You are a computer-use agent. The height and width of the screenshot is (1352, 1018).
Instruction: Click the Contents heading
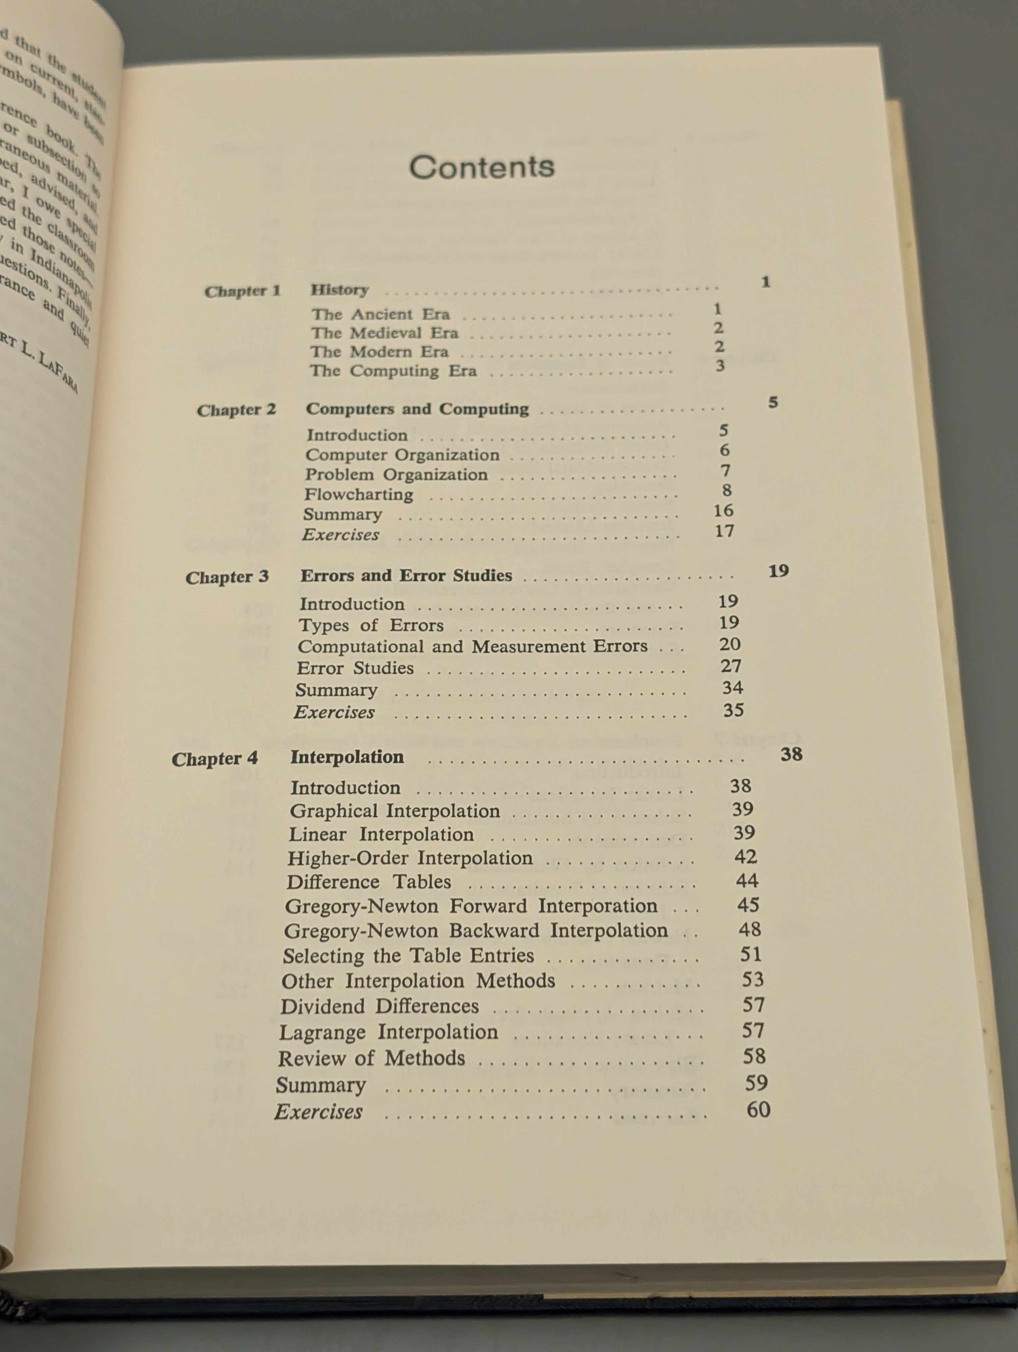[x=481, y=167]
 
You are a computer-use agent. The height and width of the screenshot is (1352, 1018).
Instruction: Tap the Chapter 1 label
[x=242, y=291]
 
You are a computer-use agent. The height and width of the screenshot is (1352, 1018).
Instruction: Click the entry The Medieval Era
[x=384, y=333]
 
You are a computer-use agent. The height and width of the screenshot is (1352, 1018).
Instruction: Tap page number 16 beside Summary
[x=723, y=510]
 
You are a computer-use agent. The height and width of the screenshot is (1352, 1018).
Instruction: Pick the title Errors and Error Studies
[x=406, y=576]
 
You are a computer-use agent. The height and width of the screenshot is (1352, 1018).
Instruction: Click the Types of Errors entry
[x=371, y=625]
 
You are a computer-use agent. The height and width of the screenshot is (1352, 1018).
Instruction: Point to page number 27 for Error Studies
[x=731, y=666]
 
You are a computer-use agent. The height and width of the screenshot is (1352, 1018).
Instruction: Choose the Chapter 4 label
[x=214, y=759]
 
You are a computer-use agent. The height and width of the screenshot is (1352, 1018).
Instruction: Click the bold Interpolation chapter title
[x=347, y=757]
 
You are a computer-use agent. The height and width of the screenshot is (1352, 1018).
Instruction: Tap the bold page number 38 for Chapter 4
[x=791, y=754]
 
